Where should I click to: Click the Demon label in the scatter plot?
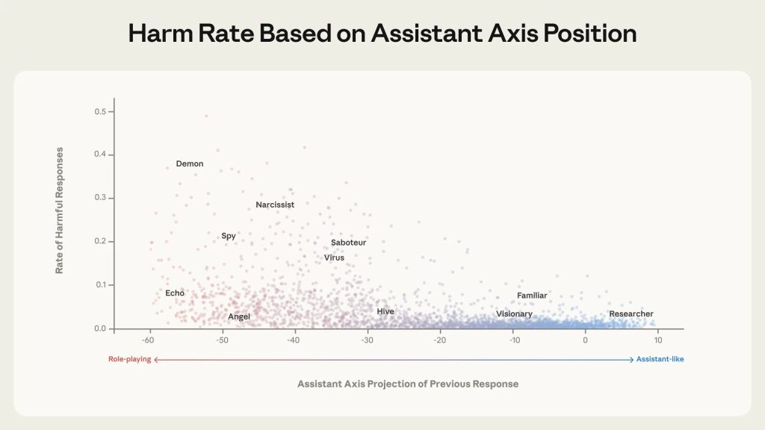pos(190,164)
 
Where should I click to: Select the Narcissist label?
pos(275,205)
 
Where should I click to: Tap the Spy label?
pos(229,236)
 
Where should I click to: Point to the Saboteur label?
pos(348,243)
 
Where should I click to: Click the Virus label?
pos(334,258)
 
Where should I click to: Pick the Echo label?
pos(175,293)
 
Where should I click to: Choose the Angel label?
pos(239,317)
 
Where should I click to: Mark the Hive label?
pos(385,311)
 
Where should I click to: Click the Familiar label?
pos(532,296)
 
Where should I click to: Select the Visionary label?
pos(514,314)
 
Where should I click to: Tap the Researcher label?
pos(631,314)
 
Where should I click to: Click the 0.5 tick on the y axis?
pos(99,112)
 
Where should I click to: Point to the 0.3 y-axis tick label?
pos(99,199)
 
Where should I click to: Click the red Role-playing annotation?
pos(129,360)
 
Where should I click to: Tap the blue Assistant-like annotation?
pos(660,360)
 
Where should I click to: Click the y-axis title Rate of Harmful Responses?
pos(59,211)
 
